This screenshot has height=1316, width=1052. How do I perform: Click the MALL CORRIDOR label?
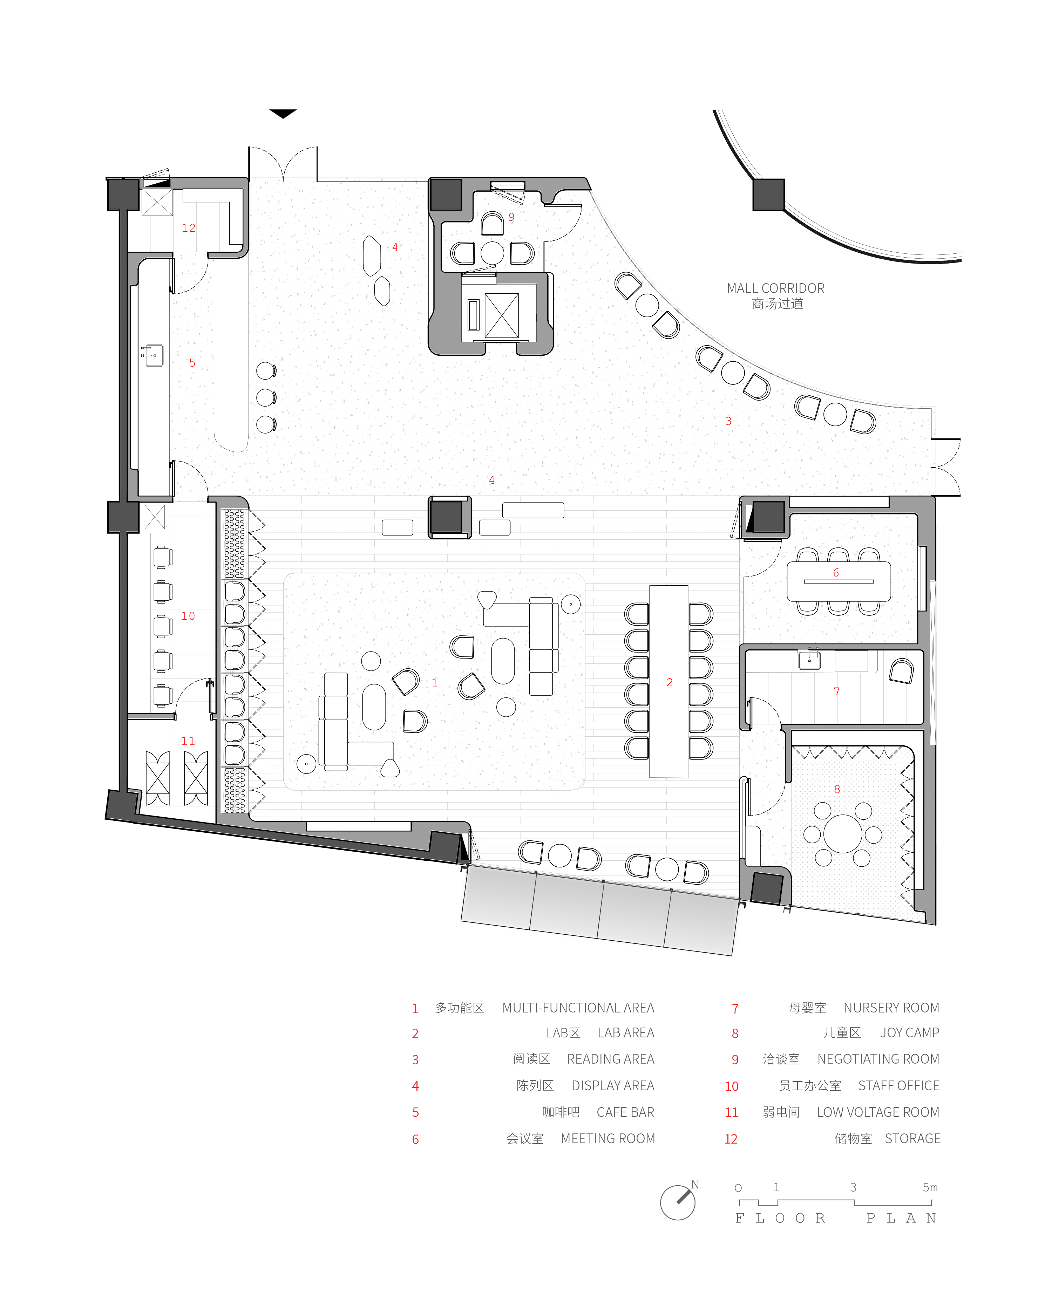coord(775,288)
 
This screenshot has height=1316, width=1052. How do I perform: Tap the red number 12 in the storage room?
coord(189,228)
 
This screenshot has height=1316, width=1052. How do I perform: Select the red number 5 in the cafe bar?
coord(192,363)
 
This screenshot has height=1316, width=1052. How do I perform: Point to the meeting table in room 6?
coord(838,581)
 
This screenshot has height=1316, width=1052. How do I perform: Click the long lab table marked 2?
coord(668,681)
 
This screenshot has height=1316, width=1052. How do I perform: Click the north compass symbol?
coord(679,1202)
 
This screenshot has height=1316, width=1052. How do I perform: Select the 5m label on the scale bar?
coord(930,1187)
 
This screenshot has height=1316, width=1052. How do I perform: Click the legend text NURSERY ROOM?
coord(891,1008)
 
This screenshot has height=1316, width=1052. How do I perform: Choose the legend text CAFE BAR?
coord(625,1112)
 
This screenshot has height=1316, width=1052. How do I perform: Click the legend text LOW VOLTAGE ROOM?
coord(878,1112)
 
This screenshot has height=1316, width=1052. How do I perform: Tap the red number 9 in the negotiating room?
coord(512,217)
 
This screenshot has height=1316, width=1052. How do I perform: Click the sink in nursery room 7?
coord(810,659)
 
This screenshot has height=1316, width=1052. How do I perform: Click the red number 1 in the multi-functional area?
coord(435,682)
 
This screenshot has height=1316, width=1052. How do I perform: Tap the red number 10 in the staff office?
coord(188,616)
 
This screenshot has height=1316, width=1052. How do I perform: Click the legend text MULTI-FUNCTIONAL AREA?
coord(578,1008)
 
